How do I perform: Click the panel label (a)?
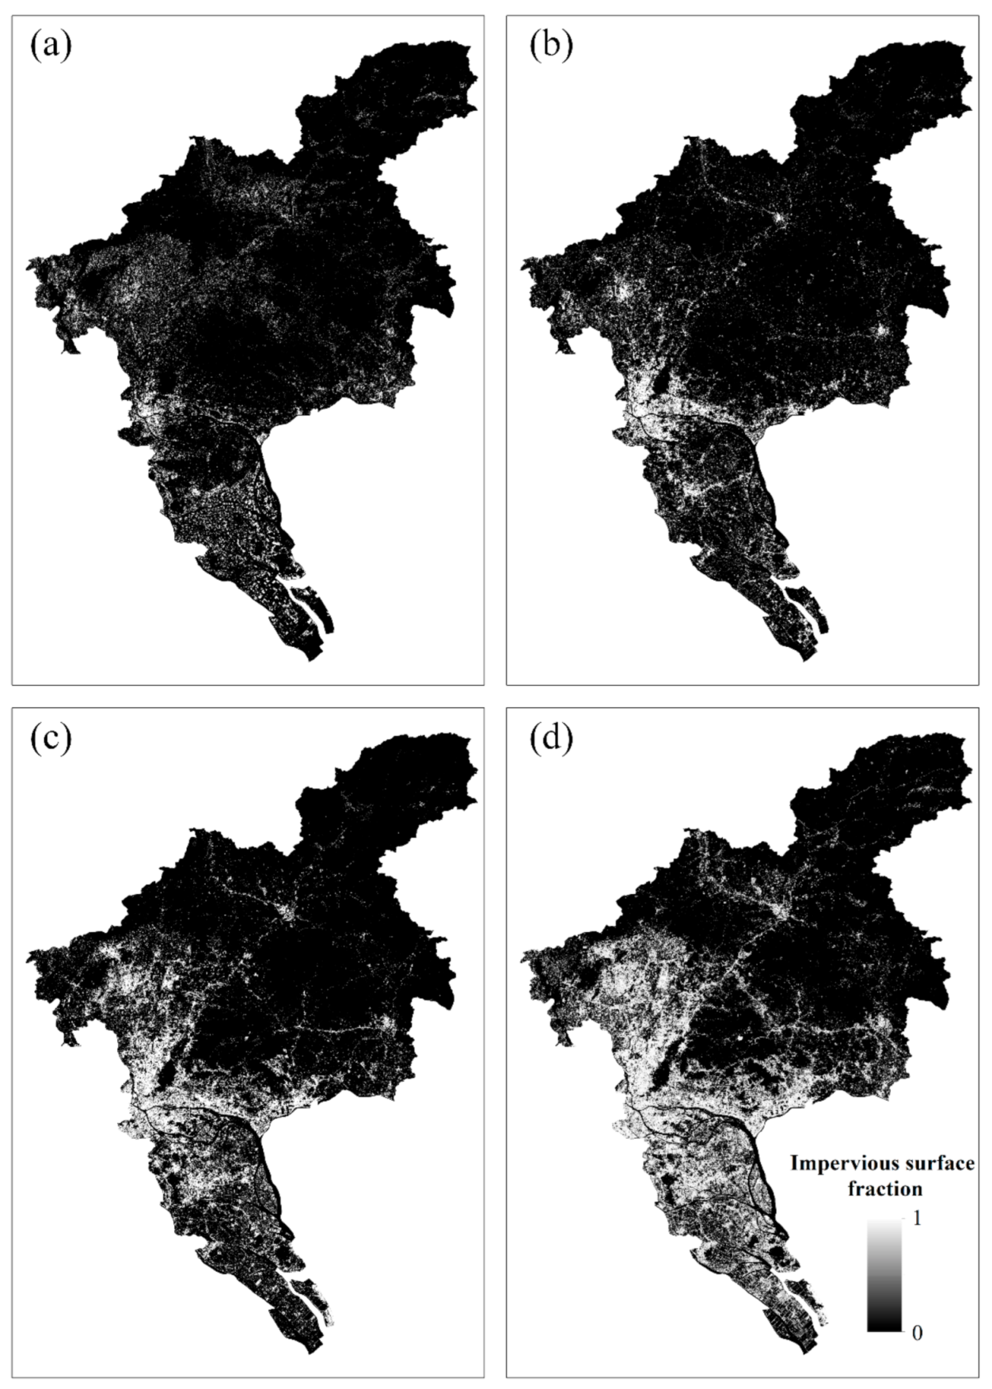pos(51,47)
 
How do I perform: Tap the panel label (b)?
pos(550,47)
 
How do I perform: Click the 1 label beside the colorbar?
pos(917,1220)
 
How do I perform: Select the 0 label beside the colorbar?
pos(917,1334)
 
